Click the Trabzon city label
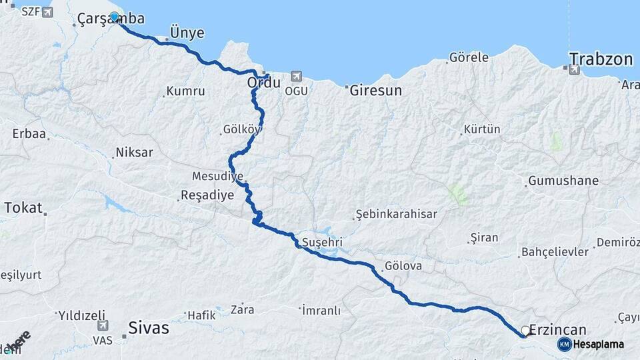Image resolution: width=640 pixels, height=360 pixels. (x=601, y=59)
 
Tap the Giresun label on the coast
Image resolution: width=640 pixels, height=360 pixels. (x=376, y=91)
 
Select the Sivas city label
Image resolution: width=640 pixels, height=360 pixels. (x=148, y=329)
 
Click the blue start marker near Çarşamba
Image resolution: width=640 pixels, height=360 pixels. (x=115, y=17)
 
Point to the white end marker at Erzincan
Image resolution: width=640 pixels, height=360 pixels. (x=525, y=331)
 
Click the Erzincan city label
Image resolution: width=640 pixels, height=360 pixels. (x=559, y=330)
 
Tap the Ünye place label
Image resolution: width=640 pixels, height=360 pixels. (x=187, y=33)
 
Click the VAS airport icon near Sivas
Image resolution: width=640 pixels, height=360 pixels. (x=102, y=326)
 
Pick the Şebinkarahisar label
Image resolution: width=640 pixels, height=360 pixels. (x=396, y=214)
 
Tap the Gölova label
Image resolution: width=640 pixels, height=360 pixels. (x=403, y=265)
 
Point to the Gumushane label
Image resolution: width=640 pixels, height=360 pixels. (x=563, y=181)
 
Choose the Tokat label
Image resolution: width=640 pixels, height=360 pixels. (x=23, y=207)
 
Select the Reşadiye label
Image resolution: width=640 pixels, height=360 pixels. (x=207, y=196)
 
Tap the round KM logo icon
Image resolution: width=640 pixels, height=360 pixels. (x=564, y=344)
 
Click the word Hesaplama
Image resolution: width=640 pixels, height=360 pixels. (x=599, y=345)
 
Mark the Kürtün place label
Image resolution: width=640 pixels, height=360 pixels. (x=482, y=129)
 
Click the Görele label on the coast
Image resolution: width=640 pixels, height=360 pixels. (x=469, y=57)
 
